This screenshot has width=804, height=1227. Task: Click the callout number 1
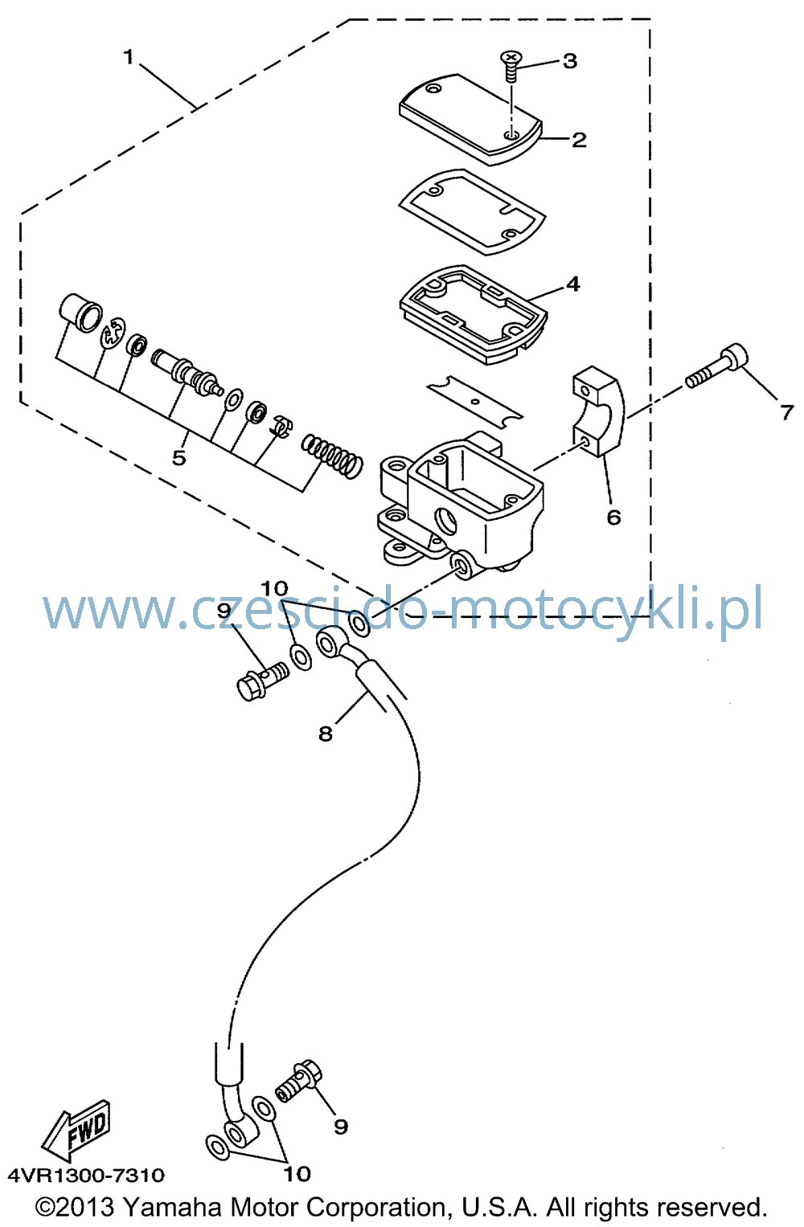click(x=129, y=56)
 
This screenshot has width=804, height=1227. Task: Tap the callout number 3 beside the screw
click(x=570, y=61)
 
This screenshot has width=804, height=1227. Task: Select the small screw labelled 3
click(x=511, y=66)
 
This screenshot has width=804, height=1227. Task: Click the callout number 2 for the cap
click(x=579, y=140)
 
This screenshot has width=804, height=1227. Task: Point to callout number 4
click(x=572, y=284)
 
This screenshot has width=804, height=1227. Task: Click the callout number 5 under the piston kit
click(x=179, y=457)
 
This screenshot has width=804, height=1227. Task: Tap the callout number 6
click(x=613, y=517)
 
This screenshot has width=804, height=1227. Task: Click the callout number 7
click(x=787, y=412)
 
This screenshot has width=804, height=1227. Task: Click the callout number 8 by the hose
click(x=326, y=734)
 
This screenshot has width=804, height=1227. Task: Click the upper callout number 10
click(x=274, y=589)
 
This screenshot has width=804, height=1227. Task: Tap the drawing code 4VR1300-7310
click(x=86, y=1176)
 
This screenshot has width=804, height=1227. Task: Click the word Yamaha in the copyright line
click(x=173, y=1208)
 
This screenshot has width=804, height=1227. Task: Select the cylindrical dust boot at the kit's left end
click(x=80, y=313)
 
